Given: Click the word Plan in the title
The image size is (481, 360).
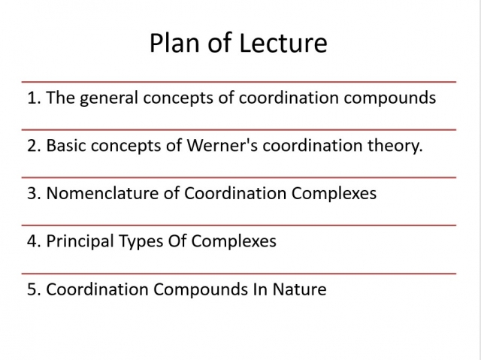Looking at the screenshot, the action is pyautogui.click(x=174, y=43).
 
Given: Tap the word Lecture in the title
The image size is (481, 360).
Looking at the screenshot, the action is pyautogui.click(x=283, y=43).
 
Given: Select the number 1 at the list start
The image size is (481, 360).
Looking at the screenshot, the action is pyautogui.click(x=33, y=98).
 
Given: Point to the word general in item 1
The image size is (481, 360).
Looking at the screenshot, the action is pyautogui.click(x=109, y=98).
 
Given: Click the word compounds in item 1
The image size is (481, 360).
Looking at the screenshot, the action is pyautogui.click(x=389, y=98).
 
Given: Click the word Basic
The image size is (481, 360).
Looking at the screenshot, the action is pyautogui.click(x=66, y=145).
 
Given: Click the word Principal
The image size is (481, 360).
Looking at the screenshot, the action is pyautogui.click(x=80, y=242).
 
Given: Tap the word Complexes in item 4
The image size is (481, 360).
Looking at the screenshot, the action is pyautogui.click(x=234, y=242).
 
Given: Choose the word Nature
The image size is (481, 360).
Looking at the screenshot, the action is pyautogui.click(x=299, y=289).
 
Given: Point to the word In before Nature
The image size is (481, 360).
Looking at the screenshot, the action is pyautogui.click(x=260, y=289).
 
